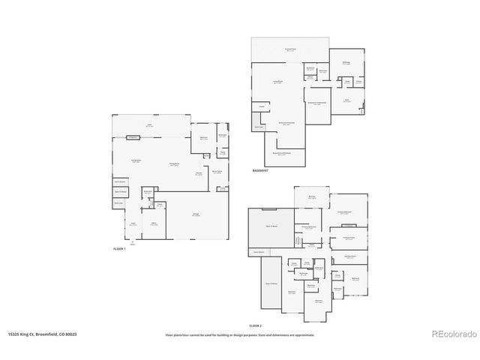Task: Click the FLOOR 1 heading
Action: click(118, 247)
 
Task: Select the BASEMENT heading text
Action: click(261, 171)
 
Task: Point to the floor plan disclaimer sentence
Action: click(240, 335)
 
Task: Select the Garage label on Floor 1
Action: click(196, 214)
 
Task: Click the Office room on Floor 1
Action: click(153, 224)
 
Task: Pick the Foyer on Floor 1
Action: click(133, 223)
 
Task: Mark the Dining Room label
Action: click(173, 164)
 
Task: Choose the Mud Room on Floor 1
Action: click(217, 172)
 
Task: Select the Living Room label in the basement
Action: click(277, 82)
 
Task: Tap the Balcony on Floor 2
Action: click(312, 196)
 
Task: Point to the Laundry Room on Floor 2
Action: click(350, 257)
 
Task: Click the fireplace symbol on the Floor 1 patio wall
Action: click(133, 137)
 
